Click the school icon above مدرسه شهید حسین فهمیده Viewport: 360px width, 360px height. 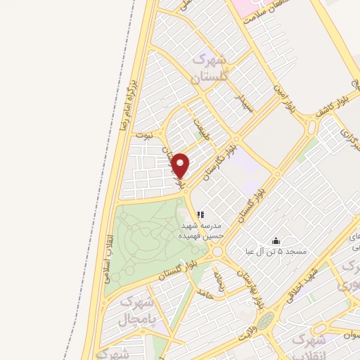(x=200, y=214)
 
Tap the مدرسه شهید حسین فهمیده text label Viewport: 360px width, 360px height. (x=202, y=231)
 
